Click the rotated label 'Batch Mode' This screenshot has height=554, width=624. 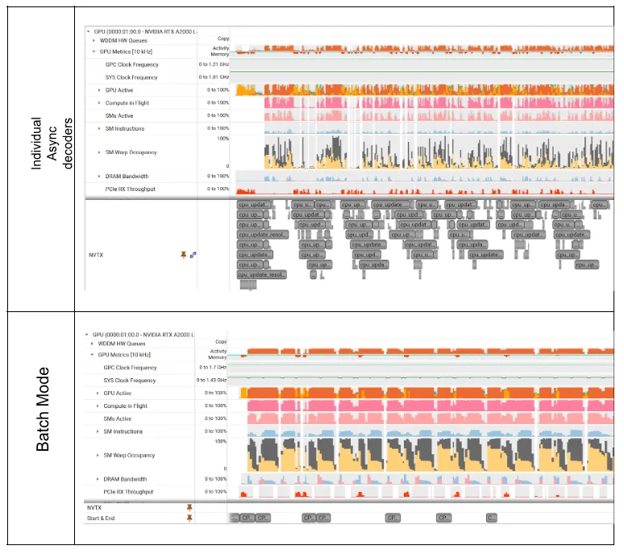[43, 410]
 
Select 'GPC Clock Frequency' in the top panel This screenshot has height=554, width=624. [132, 65]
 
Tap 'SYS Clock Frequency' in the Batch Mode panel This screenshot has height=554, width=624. [130, 381]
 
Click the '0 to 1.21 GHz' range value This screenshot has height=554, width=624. [214, 65]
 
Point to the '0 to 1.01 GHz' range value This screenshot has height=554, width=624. [214, 77]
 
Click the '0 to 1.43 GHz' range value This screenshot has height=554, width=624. [211, 381]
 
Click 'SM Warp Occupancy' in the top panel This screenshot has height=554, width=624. [131, 152]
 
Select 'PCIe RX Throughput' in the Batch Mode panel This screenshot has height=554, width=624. [128, 492]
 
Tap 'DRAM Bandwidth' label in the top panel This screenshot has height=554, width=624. [127, 176]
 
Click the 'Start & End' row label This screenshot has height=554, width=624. [101, 519]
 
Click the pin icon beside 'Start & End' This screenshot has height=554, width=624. [189, 519]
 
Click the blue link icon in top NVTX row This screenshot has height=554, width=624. [193, 255]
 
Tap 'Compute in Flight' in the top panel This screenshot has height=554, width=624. [126, 102]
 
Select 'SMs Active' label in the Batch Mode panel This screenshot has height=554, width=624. [118, 419]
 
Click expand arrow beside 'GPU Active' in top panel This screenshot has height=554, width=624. [99, 90]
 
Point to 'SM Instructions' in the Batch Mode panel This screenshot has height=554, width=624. [123, 432]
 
